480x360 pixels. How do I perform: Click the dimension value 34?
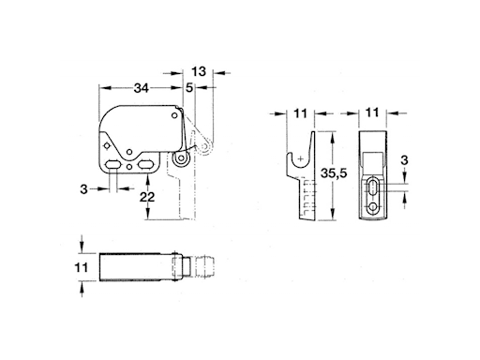coord(141,88)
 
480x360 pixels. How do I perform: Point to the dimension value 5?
coord(189,88)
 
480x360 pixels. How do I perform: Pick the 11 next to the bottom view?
coord(82,268)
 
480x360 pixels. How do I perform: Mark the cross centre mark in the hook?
coord(299,160)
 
